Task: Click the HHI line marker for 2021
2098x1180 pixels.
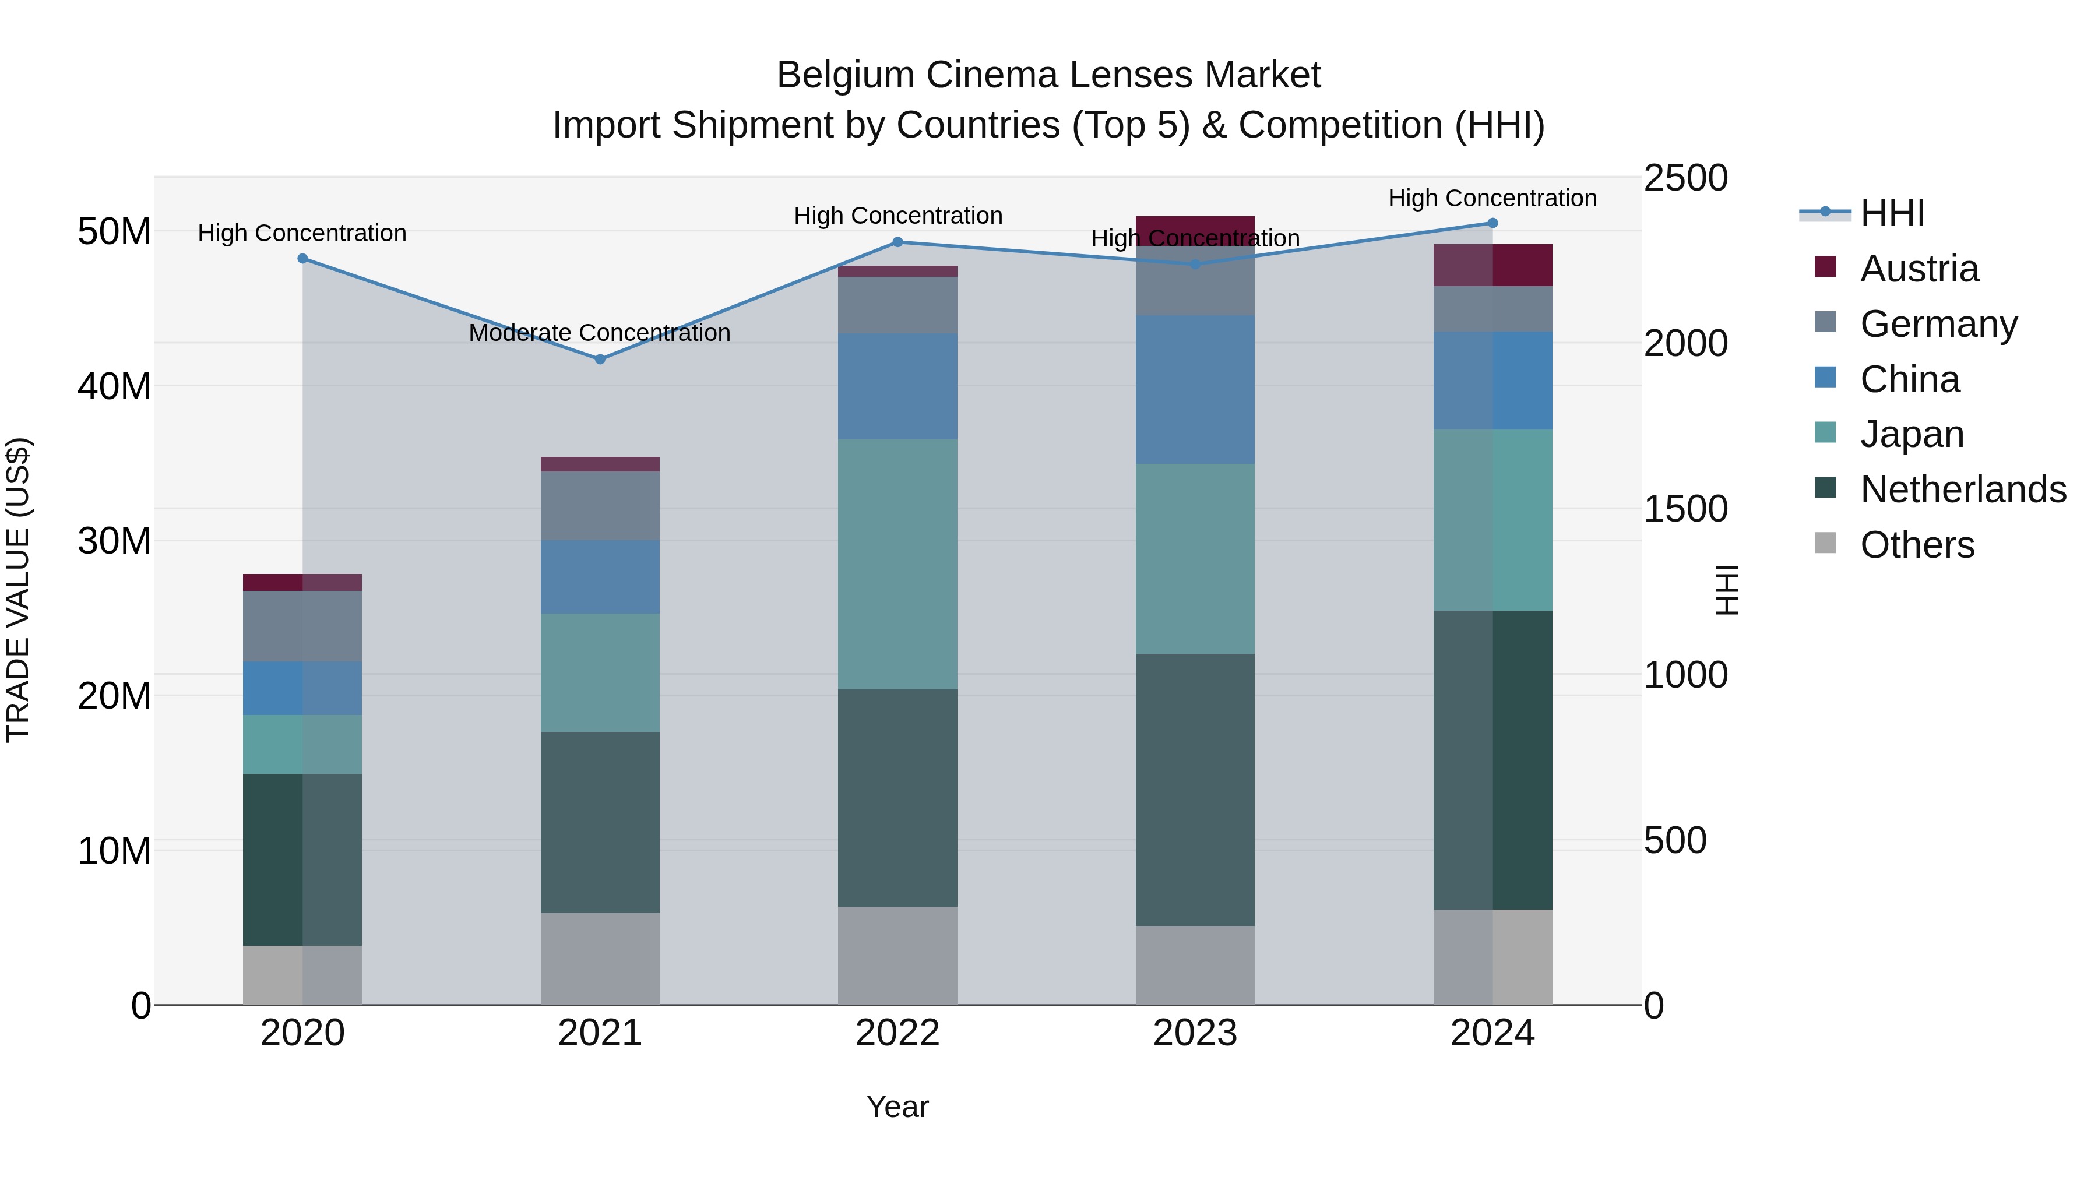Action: click(x=600, y=359)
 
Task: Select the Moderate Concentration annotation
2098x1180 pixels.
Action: click(x=600, y=333)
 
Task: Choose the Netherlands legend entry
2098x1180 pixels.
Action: click(x=1962, y=489)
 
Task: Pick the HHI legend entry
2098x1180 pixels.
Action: click(x=1891, y=213)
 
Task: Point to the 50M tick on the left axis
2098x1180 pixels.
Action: click(x=114, y=232)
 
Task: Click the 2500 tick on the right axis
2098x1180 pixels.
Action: click(x=1685, y=178)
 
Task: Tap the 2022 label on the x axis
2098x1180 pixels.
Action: click(x=897, y=1033)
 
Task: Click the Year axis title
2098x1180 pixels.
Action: click(x=897, y=1107)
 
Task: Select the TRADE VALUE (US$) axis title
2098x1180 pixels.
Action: click(x=18, y=590)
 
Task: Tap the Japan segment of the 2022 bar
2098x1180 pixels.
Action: click(x=897, y=563)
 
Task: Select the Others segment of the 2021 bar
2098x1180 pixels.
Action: click(x=600, y=959)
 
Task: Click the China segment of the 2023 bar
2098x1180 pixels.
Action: click(x=1195, y=389)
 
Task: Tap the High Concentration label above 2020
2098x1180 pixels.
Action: click(x=302, y=233)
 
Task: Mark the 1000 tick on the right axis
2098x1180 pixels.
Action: click(x=1685, y=675)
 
